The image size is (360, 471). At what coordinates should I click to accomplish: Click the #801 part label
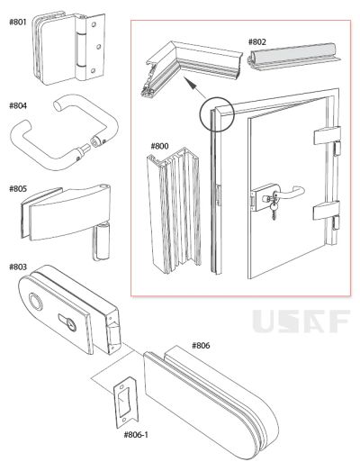18,22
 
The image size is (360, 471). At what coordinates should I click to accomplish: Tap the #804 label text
18,105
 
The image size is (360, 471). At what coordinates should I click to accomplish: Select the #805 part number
18,189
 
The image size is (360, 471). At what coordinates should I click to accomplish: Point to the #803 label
18,267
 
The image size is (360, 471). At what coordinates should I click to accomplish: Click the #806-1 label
136,435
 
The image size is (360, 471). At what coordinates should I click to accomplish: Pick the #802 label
257,41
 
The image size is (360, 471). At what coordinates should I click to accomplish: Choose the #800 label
159,146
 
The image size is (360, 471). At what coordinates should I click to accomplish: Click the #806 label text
201,346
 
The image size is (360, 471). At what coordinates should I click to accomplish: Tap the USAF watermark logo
301,322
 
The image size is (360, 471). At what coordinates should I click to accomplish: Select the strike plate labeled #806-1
125,403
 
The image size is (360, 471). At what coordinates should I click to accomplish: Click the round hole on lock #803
34,301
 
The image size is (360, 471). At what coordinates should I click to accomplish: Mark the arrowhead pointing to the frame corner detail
190,83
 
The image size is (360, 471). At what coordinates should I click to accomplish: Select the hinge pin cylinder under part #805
100,241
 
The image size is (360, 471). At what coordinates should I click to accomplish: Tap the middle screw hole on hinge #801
97,47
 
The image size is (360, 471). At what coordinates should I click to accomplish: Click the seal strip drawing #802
293,57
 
